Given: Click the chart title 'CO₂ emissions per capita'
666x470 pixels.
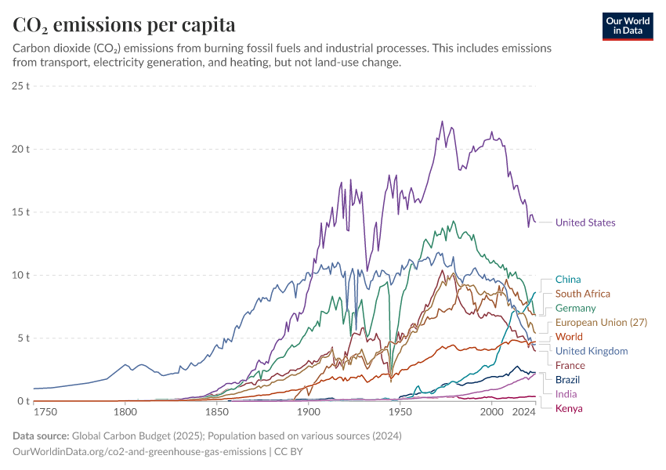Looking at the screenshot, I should click(124, 24).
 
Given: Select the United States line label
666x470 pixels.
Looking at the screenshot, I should click(585, 222).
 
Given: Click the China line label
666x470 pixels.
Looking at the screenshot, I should click(568, 279).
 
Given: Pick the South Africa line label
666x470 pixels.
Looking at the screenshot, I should click(582, 294).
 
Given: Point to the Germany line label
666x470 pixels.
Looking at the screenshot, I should click(575, 308).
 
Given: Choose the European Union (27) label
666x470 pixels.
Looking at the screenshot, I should click(601, 322).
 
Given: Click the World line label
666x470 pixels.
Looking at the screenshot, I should click(569, 337).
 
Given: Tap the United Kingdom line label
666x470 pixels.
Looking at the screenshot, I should click(592, 351).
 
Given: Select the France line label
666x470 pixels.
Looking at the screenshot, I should click(570, 365).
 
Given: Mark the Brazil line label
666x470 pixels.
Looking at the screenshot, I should click(567, 379).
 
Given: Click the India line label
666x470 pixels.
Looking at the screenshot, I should click(566, 394).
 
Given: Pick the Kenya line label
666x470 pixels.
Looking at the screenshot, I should click(569, 408).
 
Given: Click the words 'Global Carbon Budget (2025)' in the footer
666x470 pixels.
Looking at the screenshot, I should click(139, 436).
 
